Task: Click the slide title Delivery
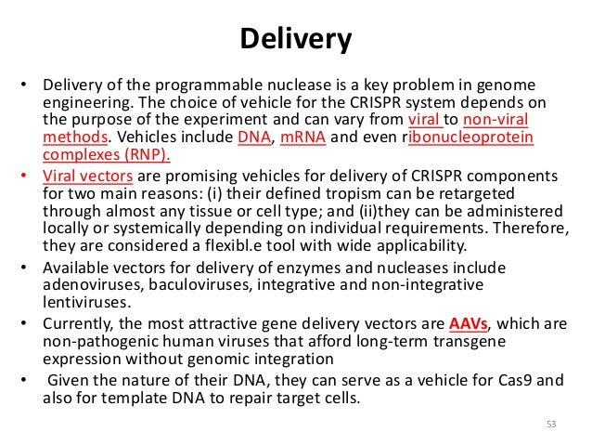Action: [x=296, y=39]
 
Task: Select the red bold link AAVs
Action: [x=469, y=323]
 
